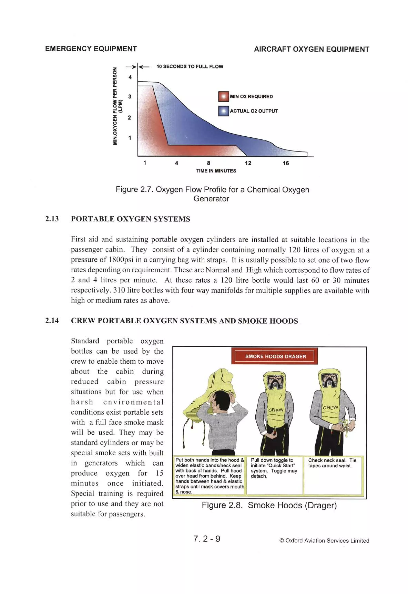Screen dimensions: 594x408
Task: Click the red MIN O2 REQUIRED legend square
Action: click(224, 97)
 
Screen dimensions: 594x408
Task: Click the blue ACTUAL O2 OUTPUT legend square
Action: click(224, 111)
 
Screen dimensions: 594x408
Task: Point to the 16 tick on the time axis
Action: click(286, 163)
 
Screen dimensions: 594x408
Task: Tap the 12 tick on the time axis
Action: click(248, 163)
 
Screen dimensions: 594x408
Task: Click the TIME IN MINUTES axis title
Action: click(216, 171)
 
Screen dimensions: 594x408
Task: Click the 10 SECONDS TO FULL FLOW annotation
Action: click(190, 67)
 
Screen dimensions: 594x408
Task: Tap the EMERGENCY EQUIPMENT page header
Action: click(91, 49)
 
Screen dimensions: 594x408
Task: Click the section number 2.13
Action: click(52, 219)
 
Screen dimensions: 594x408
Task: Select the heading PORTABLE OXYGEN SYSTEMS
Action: click(130, 219)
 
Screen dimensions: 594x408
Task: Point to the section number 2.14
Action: click(52, 321)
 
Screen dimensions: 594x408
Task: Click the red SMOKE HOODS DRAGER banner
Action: click(275, 356)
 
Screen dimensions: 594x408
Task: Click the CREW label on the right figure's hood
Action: click(330, 407)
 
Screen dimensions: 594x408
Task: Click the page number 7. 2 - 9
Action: click(207, 539)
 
